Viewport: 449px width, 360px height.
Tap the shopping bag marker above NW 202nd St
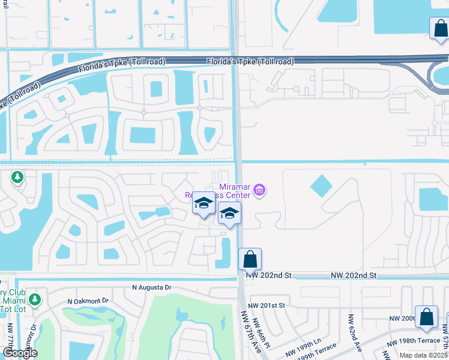tap(250, 259)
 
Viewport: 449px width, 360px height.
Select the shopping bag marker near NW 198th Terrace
tap(426, 317)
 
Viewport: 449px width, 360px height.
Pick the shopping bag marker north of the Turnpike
tap(439, 28)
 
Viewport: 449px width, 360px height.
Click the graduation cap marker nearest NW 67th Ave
tap(229, 214)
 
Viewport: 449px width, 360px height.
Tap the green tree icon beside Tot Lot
tap(35, 298)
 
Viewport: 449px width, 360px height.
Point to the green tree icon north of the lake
tap(17, 177)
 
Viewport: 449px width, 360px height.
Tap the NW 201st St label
tap(269, 306)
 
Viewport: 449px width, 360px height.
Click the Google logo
tap(19, 353)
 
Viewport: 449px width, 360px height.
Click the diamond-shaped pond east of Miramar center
tap(321, 187)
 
